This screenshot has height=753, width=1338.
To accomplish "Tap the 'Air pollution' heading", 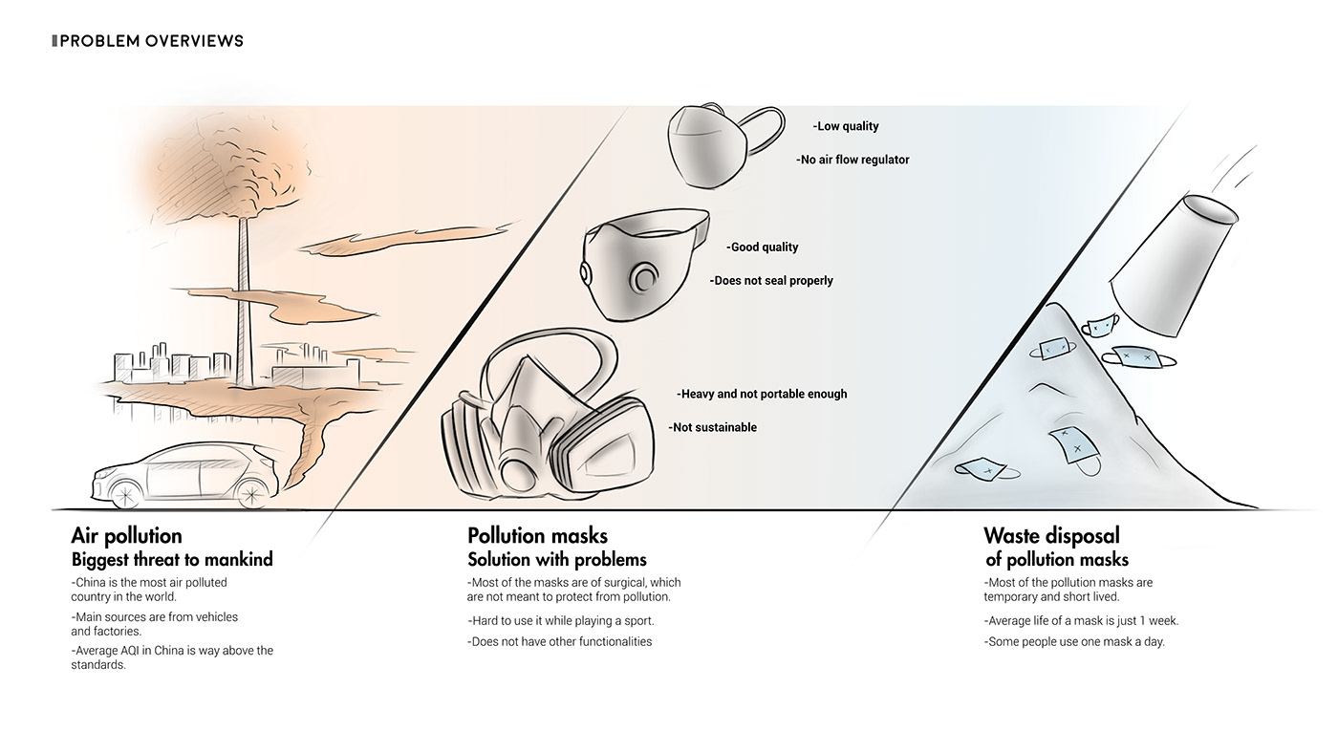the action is click(x=126, y=536).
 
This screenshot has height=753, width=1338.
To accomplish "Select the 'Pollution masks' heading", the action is click(x=537, y=536).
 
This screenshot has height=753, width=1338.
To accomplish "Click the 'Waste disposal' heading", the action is click(x=1052, y=536).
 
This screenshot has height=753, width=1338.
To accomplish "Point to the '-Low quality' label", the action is click(x=846, y=126).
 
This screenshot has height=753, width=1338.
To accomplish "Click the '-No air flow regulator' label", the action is click(x=852, y=160).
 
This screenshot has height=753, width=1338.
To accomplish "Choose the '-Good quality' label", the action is click(x=763, y=247).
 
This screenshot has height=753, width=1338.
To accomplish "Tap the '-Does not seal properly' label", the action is click(x=771, y=280).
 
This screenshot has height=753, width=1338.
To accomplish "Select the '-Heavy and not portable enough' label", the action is click(x=762, y=394).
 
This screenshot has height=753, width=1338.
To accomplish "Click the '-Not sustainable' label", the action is click(x=713, y=427).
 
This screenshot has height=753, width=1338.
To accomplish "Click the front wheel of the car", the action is click(x=126, y=496).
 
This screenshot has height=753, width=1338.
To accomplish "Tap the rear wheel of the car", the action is click(x=251, y=494).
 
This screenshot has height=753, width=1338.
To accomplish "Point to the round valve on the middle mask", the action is click(x=644, y=278).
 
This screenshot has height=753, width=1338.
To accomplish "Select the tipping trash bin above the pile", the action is click(x=1172, y=266).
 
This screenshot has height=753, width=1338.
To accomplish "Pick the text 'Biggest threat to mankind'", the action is click(x=172, y=560).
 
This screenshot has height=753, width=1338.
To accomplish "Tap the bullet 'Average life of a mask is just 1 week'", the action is click(x=1081, y=621).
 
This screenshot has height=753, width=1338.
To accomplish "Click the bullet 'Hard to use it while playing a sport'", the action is click(x=561, y=621).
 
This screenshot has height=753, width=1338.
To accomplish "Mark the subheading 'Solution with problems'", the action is click(x=556, y=560).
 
